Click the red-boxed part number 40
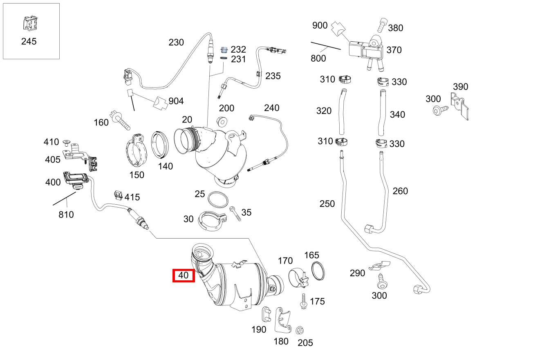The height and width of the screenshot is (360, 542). tap(184, 275)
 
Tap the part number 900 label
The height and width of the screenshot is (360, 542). tap(320, 25)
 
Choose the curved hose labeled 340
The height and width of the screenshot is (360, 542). tap(381, 112)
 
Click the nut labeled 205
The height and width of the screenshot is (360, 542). tap(299, 330)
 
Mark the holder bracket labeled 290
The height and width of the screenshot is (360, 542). tap(379, 266)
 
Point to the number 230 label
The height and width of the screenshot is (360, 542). tap(176, 42)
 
